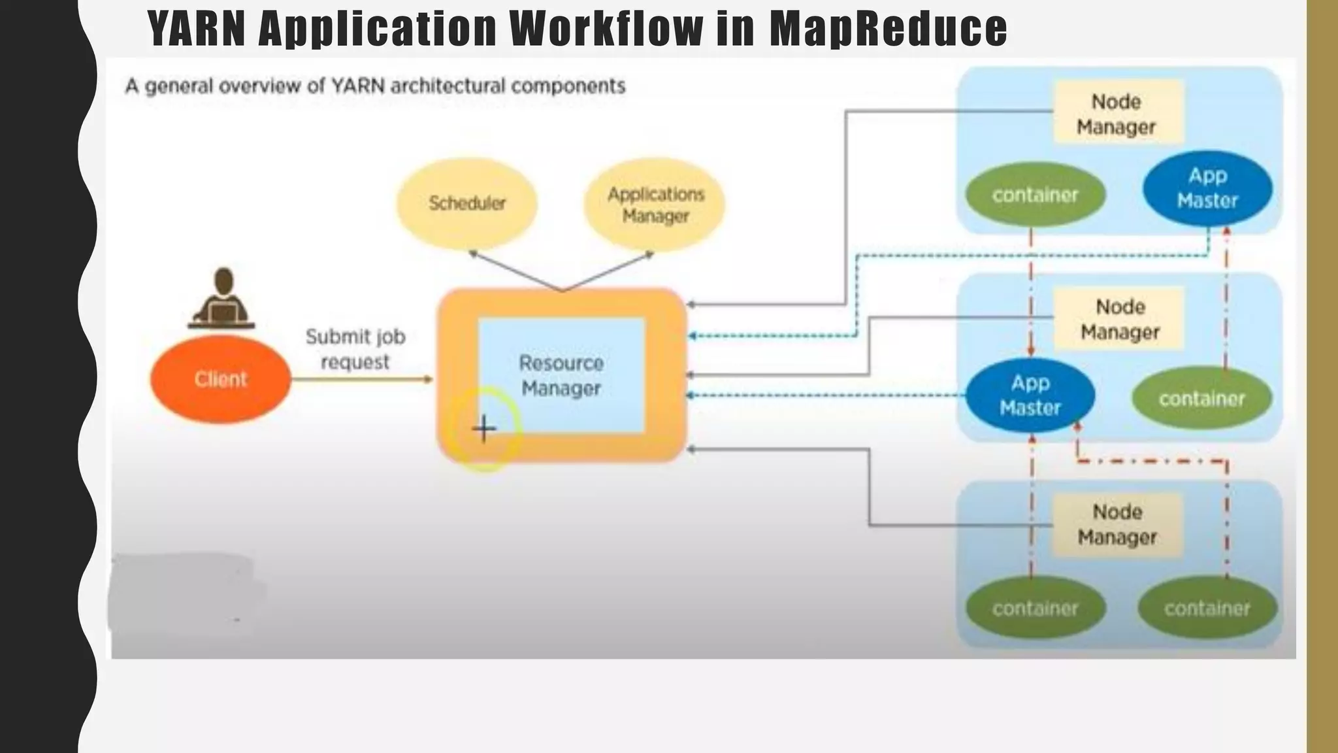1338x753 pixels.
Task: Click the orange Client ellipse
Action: coord(220,379)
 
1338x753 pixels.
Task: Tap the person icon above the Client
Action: coord(222,299)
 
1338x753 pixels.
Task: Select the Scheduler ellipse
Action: coord(467,203)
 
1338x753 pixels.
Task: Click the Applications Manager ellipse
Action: coord(655,205)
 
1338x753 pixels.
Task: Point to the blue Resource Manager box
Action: coord(561,375)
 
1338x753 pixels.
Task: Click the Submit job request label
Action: coord(355,349)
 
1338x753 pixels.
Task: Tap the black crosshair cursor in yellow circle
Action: coord(484,429)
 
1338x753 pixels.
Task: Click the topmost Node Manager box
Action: coord(1117,113)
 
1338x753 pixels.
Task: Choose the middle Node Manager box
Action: coord(1120,319)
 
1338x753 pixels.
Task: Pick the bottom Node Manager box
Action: coord(1117,524)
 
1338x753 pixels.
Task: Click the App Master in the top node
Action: coord(1207,188)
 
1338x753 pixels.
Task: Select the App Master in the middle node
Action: coord(1030,395)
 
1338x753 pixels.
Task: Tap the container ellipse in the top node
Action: coord(1035,195)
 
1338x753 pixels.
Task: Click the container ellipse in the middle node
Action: coord(1201,399)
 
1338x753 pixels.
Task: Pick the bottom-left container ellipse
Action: coord(1035,609)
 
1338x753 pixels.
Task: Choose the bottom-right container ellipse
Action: coord(1207,609)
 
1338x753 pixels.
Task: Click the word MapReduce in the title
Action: coord(889,29)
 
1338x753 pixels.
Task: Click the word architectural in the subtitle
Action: coord(443,86)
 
